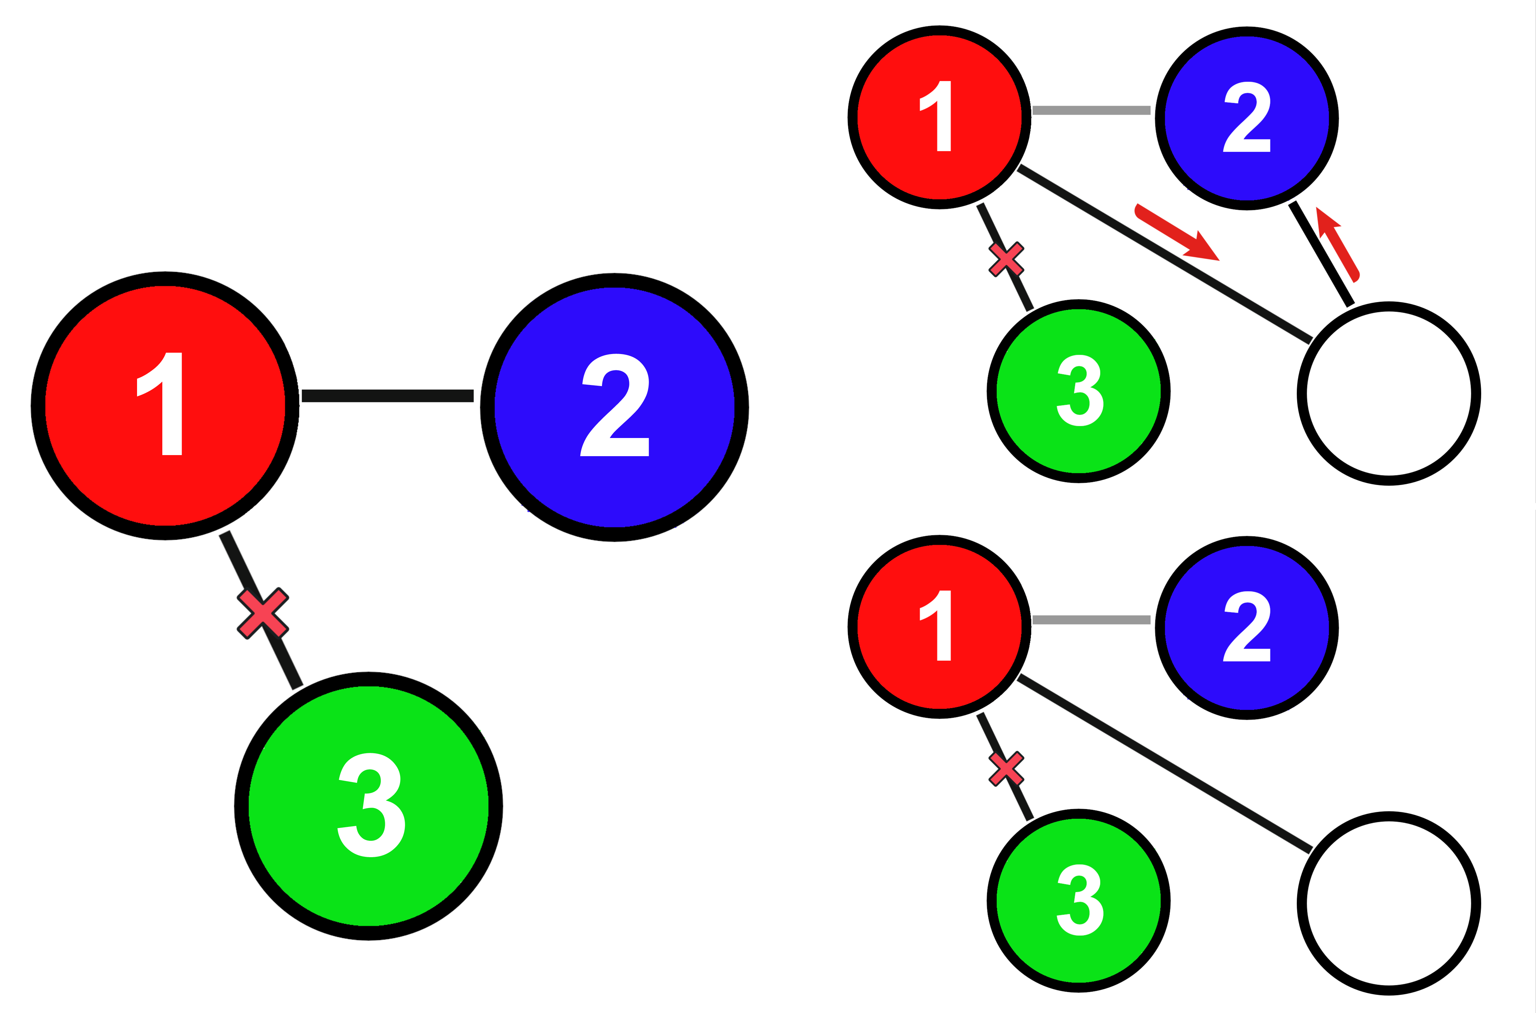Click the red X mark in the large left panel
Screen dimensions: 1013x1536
(x=262, y=613)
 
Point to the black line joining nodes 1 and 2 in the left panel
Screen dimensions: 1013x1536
(x=388, y=395)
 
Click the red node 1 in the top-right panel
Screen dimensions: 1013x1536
(x=939, y=117)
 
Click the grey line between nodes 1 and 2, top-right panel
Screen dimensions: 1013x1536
(x=1091, y=110)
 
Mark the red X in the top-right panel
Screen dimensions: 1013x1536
(x=1006, y=259)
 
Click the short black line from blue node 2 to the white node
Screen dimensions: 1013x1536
(x=1321, y=254)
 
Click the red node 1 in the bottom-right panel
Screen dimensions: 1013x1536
(x=939, y=627)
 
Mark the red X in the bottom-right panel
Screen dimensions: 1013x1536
(x=1006, y=769)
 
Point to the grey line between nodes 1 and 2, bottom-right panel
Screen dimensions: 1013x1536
(x=1091, y=620)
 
